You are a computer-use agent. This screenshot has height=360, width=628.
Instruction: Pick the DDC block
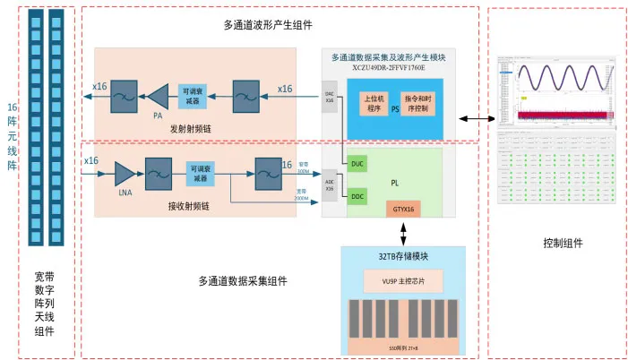point(357,195)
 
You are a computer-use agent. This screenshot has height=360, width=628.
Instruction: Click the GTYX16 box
point(402,210)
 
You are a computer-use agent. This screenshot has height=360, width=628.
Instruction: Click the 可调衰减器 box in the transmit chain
point(193,96)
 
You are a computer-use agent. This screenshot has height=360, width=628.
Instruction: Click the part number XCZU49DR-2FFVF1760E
point(388,67)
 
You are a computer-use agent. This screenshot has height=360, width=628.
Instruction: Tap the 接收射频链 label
point(189,205)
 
